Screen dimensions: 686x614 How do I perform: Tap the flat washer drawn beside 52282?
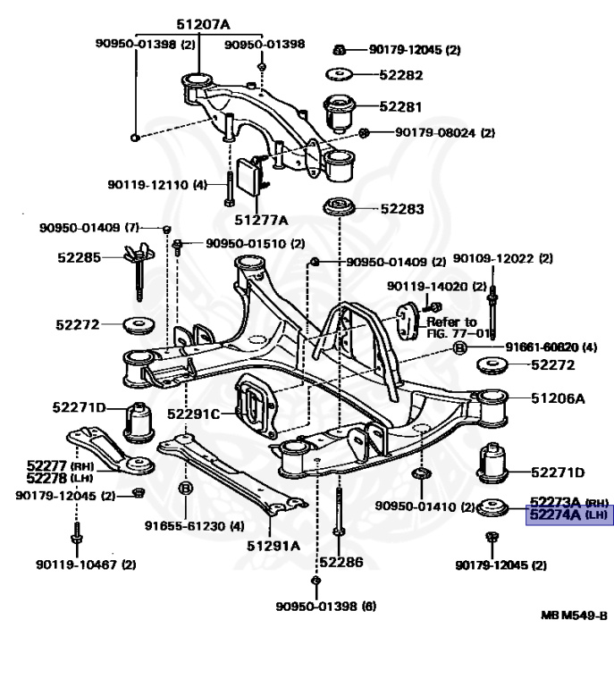pyautogui.click(x=340, y=76)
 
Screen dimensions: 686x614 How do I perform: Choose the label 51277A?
pyautogui.click(x=261, y=220)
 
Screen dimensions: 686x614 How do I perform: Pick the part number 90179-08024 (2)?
pyautogui.click(x=437, y=133)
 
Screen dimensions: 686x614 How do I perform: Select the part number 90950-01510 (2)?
pyautogui.click(x=255, y=243)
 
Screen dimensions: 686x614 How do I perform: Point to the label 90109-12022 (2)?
pyautogui.click(x=502, y=259)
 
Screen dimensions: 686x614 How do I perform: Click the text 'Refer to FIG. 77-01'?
pyautogui.click(x=455, y=327)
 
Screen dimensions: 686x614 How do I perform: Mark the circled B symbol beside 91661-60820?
pyautogui.click(x=459, y=347)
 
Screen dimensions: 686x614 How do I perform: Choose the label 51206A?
pyautogui.click(x=557, y=398)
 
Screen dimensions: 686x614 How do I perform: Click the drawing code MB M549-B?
pyautogui.click(x=574, y=616)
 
